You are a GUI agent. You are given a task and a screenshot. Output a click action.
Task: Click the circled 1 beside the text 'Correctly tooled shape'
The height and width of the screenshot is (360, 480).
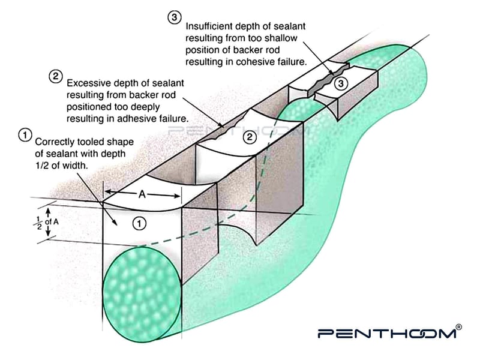(25, 135)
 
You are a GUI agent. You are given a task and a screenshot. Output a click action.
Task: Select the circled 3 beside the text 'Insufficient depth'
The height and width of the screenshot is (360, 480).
(174, 18)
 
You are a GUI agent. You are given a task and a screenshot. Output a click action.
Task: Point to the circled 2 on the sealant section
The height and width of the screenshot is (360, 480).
(250, 138)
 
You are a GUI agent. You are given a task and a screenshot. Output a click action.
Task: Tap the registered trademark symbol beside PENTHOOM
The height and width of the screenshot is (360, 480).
(459, 327)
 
